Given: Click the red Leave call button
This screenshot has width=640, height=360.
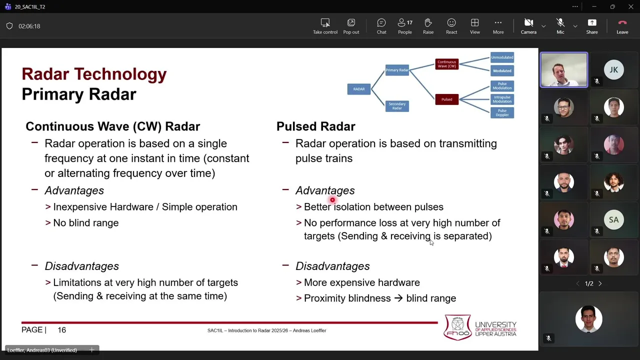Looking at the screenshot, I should [622, 26].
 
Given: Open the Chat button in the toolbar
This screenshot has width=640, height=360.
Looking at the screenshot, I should [381, 26].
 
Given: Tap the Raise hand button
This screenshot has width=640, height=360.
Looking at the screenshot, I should [428, 26].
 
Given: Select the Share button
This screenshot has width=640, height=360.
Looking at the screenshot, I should [592, 26].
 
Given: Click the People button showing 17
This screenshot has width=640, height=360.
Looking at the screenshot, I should [404, 26].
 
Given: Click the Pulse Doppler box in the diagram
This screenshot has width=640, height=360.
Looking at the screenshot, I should [502, 113].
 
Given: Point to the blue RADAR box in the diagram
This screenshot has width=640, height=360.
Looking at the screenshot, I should [359, 89].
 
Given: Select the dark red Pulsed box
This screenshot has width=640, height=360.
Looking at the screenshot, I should [446, 99].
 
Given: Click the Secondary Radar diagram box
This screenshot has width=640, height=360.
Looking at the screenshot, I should [397, 106].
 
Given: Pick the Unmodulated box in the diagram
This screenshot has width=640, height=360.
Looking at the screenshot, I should [502, 57].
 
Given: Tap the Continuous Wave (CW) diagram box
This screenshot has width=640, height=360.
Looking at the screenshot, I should [446, 64].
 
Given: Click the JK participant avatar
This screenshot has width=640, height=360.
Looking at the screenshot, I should [613, 70].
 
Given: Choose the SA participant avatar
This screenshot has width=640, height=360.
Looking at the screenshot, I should [613, 220].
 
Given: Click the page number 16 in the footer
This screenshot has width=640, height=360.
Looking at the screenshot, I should [61, 330].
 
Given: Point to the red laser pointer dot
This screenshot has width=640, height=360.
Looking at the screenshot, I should [332, 200].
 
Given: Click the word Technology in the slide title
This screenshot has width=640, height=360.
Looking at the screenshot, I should [120, 74].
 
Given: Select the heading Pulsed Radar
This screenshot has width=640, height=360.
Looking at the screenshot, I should [315, 126].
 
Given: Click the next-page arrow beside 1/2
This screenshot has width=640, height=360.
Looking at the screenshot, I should [600, 283].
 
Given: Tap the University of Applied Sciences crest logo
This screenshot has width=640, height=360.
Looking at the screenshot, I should [457, 327].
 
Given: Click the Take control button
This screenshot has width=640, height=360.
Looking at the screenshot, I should [325, 26].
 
